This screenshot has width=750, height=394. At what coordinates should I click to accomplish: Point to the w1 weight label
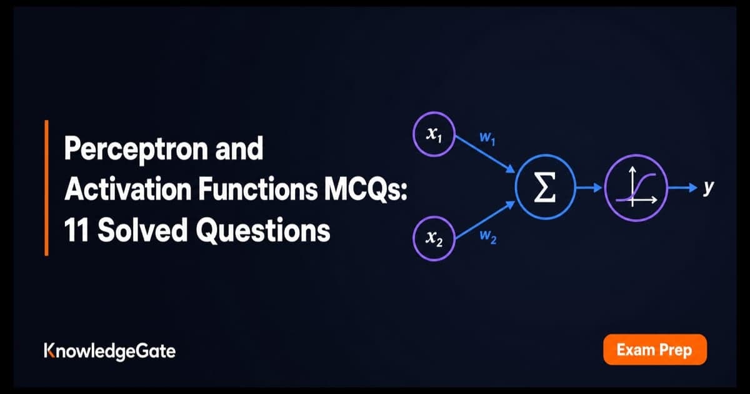487,138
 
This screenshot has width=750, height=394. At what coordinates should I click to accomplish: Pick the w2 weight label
488,237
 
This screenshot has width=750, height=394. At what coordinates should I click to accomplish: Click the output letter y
708,188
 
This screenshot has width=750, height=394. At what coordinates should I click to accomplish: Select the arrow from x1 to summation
486,154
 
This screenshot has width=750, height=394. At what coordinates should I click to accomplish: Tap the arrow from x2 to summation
486,220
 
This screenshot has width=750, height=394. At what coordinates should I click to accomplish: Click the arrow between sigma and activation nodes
589,188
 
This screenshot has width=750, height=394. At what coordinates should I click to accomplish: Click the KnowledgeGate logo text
110,351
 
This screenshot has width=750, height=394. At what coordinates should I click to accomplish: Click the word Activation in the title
129,189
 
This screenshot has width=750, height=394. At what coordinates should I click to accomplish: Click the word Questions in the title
263,231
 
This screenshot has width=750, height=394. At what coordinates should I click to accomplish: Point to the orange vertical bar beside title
46,188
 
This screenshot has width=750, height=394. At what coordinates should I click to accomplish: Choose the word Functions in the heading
257,189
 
